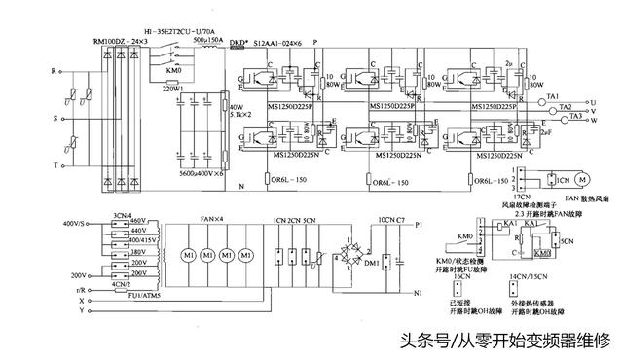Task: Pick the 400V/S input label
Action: pyautogui.click(x=74, y=223)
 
